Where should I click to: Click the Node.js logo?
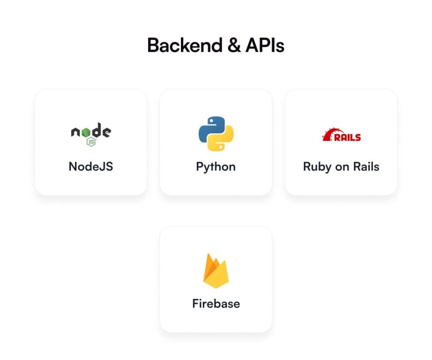click(x=91, y=134)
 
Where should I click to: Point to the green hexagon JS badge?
click(x=91, y=142)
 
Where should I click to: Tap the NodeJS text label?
click(x=91, y=166)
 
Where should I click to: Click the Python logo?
click(x=216, y=134)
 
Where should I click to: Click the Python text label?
click(x=216, y=167)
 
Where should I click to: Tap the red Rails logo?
click(x=341, y=134)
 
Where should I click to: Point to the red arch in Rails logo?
click(x=329, y=134)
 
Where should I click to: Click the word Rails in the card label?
click(x=366, y=166)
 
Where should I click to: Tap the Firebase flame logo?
click(x=216, y=271)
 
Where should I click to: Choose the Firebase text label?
click(x=216, y=304)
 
